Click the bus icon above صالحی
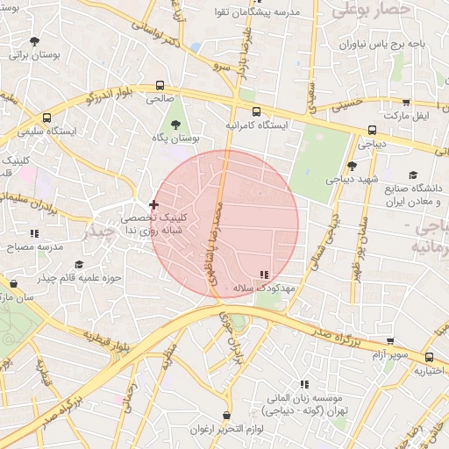point(160,86)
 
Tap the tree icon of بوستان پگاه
point(175,124)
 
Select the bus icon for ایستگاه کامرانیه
point(256,111)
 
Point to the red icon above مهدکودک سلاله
point(265,274)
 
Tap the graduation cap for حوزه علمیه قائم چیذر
point(79,265)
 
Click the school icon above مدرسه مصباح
point(35,233)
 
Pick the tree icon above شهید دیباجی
point(352,165)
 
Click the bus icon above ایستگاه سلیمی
point(46,117)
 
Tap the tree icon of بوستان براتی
point(34,40)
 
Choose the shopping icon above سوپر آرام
point(390,341)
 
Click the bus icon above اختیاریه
point(430,357)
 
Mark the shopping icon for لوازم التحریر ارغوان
point(227,415)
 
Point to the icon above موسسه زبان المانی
point(304,384)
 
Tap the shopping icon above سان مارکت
point(13,284)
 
